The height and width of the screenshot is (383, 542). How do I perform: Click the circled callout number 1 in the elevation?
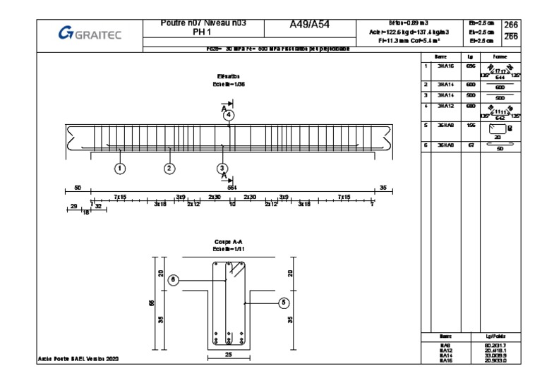[x=120, y=168]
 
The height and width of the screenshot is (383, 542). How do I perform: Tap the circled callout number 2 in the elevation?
[x=169, y=168]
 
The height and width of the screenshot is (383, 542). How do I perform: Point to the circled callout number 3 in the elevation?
[x=223, y=168]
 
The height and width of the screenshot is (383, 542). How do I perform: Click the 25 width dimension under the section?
[x=229, y=355]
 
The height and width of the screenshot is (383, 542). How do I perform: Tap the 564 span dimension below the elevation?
[x=231, y=188]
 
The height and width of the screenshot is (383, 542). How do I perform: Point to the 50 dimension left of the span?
[x=77, y=188]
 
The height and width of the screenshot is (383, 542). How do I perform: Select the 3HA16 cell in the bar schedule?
[x=445, y=66]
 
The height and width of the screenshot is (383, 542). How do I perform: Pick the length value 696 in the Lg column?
[x=471, y=66]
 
